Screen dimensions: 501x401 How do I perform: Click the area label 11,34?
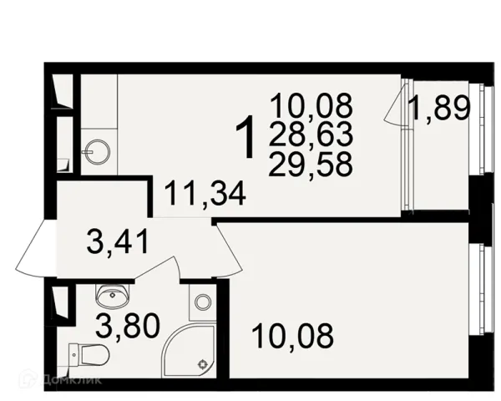tap(205, 194)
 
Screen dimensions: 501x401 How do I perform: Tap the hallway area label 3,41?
tap(118, 242)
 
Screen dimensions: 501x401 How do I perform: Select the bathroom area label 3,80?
tap(128, 326)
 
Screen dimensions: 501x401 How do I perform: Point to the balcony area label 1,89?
tap(440, 108)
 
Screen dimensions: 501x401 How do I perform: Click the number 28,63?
tap(311, 135)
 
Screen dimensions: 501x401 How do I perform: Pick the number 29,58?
tap(311, 164)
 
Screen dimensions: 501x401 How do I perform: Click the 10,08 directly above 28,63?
tap(311, 105)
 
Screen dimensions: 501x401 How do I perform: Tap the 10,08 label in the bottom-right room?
tap(292, 336)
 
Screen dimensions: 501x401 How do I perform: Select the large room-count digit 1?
tap(245, 138)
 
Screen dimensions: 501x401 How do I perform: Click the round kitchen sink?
tap(99, 153)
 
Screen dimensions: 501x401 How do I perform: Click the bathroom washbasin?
tap(112, 294)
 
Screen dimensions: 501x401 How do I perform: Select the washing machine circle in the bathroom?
tap(203, 302)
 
